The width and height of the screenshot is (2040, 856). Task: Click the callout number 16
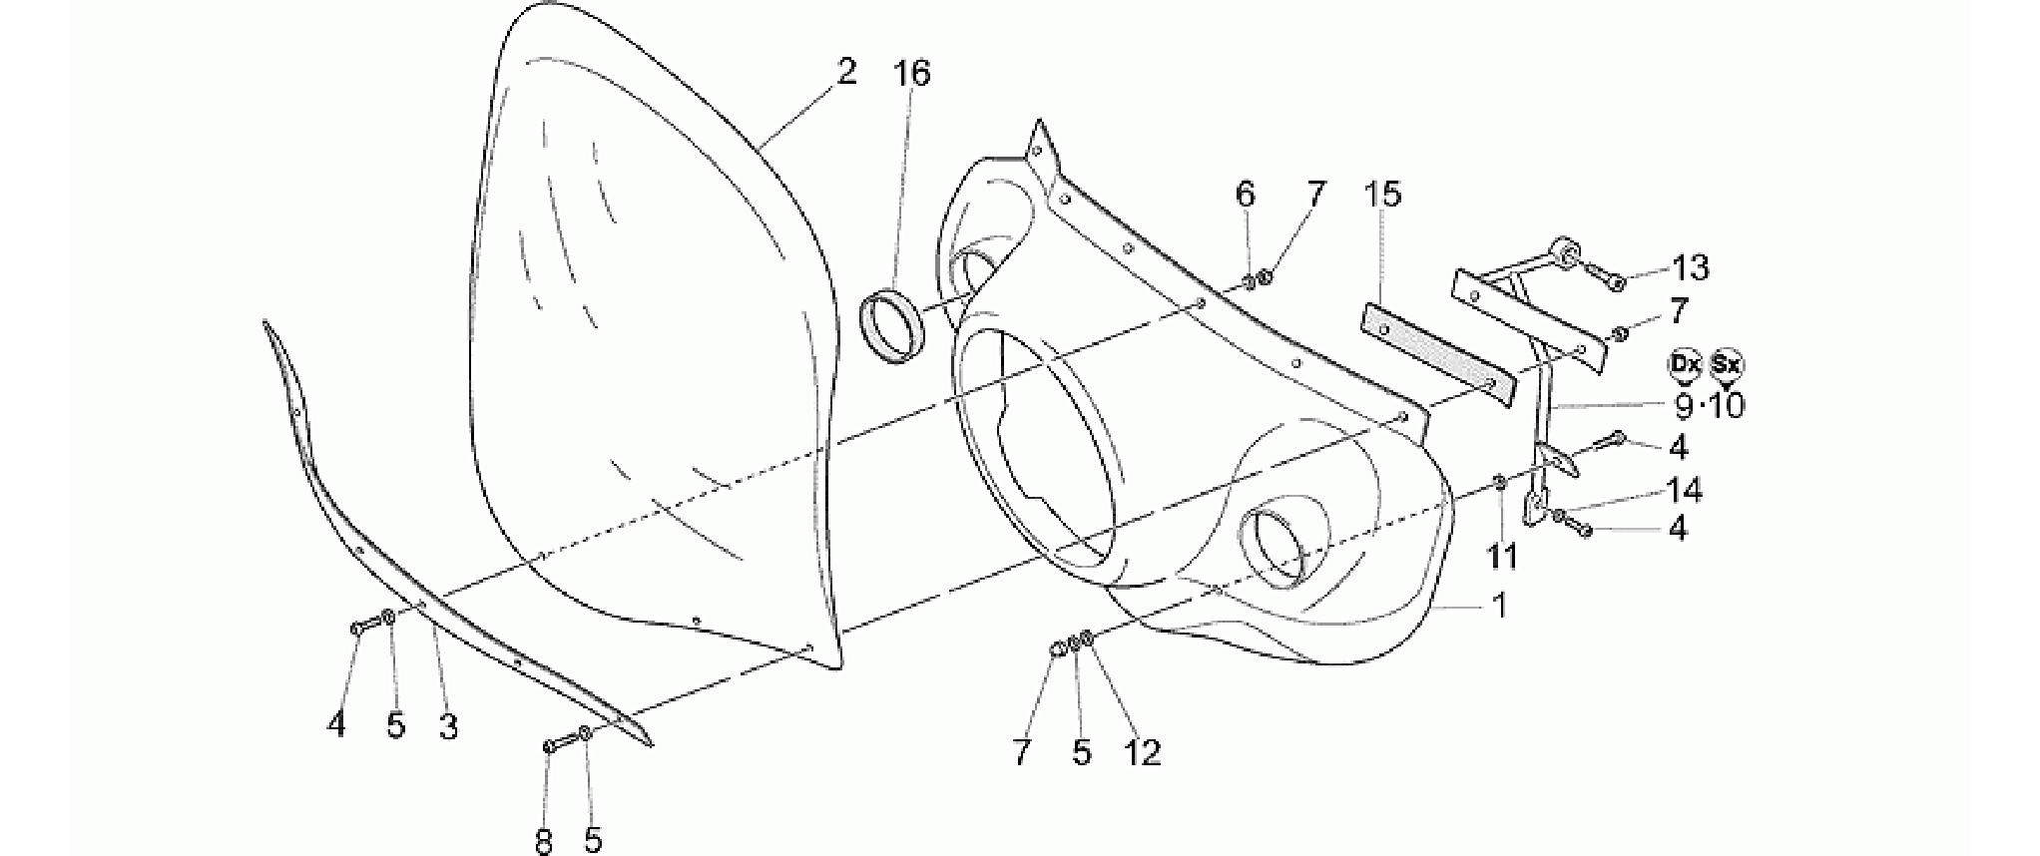tap(911, 73)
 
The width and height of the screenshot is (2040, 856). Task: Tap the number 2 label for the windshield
tap(845, 72)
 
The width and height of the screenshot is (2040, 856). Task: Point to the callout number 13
tap(1691, 267)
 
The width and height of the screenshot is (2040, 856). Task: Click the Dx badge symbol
tap(1685, 366)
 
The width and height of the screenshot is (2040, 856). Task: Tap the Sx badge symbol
tap(1727, 366)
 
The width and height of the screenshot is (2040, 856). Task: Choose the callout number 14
tap(1684, 490)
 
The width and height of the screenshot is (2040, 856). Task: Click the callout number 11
tap(1502, 557)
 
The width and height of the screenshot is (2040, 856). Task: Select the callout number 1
tap(1498, 605)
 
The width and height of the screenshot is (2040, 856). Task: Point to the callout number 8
tap(544, 841)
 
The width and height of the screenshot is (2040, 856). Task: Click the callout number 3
tap(448, 726)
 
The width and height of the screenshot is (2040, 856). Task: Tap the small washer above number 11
tap(1500, 483)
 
